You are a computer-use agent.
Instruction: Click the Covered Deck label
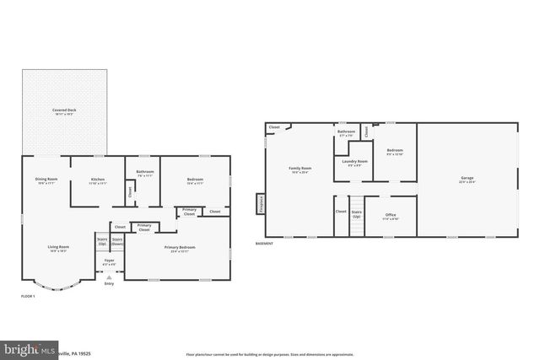65,111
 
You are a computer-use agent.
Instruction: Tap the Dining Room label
46,180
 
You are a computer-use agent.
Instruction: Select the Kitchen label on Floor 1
98,180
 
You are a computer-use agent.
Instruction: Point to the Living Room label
58,248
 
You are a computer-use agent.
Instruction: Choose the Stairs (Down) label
118,240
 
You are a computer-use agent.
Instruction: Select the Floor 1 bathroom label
144,174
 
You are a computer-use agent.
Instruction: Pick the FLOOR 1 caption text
29,296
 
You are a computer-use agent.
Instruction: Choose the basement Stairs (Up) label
357,213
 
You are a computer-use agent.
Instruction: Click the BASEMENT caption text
264,244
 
